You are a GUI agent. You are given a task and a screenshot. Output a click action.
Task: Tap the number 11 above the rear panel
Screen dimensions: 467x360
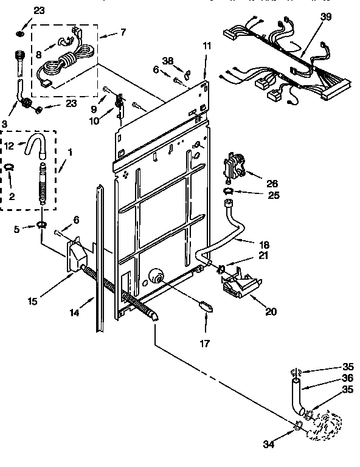[x=207, y=46]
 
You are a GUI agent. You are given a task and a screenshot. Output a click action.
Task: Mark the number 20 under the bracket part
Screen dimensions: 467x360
[x=271, y=312]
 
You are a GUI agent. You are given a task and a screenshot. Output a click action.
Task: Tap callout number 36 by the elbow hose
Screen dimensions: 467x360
[x=348, y=377]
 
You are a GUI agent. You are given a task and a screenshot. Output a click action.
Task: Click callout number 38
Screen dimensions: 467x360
[x=168, y=61]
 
